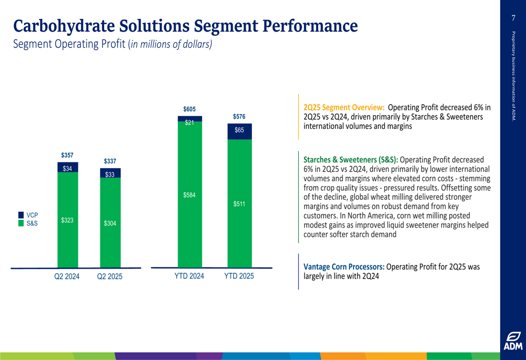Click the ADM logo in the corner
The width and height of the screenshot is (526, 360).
[x=513, y=341]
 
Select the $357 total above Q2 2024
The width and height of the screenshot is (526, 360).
[x=67, y=156]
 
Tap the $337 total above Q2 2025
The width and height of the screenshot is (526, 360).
[x=110, y=161]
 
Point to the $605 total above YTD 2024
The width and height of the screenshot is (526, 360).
[x=189, y=109]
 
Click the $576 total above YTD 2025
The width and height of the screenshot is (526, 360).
[x=239, y=116]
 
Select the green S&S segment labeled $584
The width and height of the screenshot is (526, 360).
[x=189, y=196]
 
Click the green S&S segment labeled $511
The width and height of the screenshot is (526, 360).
[x=239, y=204]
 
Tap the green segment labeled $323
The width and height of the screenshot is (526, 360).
[x=67, y=220]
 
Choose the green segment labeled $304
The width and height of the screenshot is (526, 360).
[x=110, y=223]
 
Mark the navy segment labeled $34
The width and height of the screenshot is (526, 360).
[x=67, y=168]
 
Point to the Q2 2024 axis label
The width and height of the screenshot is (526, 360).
[x=67, y=276]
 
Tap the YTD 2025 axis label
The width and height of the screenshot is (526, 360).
[x=239, y=276]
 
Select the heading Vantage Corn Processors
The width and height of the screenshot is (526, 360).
[x=344, y=266]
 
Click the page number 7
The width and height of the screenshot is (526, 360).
[x=513, y=18]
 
